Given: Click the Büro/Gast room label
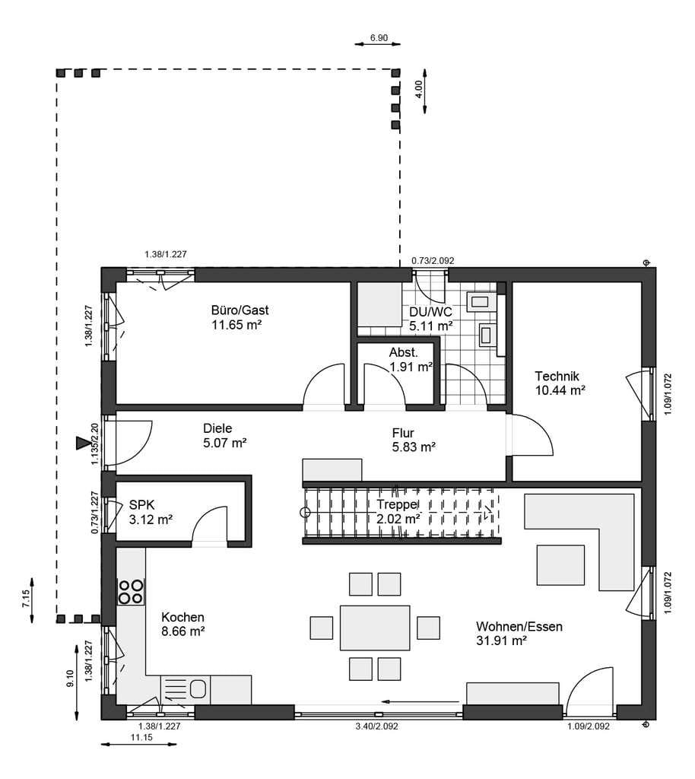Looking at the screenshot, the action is pos(240,310).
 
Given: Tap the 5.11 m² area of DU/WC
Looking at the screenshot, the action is pos(430,326).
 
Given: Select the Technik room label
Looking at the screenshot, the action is pos(557,376).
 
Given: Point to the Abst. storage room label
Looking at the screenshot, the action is pos(404,352).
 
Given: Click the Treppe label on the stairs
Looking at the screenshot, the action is pos(397,505).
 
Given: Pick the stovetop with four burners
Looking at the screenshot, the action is pos(131,591).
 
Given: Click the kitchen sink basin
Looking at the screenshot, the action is pos(198,688).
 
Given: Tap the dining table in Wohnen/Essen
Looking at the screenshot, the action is pos(375,628).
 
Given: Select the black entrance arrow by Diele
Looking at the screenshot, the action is pos(81,443).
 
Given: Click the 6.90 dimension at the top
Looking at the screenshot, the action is pos(379,38).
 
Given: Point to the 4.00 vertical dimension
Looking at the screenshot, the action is pos(419,90).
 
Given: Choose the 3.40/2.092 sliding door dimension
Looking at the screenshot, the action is pos(377,727).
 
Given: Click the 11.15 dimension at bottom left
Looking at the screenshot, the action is pos(141,737).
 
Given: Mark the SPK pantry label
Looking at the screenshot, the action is pos(142,505).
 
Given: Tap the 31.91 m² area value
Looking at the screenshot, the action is pos(501,641).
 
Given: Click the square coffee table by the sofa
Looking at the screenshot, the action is pos(560,565).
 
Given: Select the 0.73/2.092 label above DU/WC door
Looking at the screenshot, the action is pos(433,260).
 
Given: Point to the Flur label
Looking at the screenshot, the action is pos(402,433).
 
